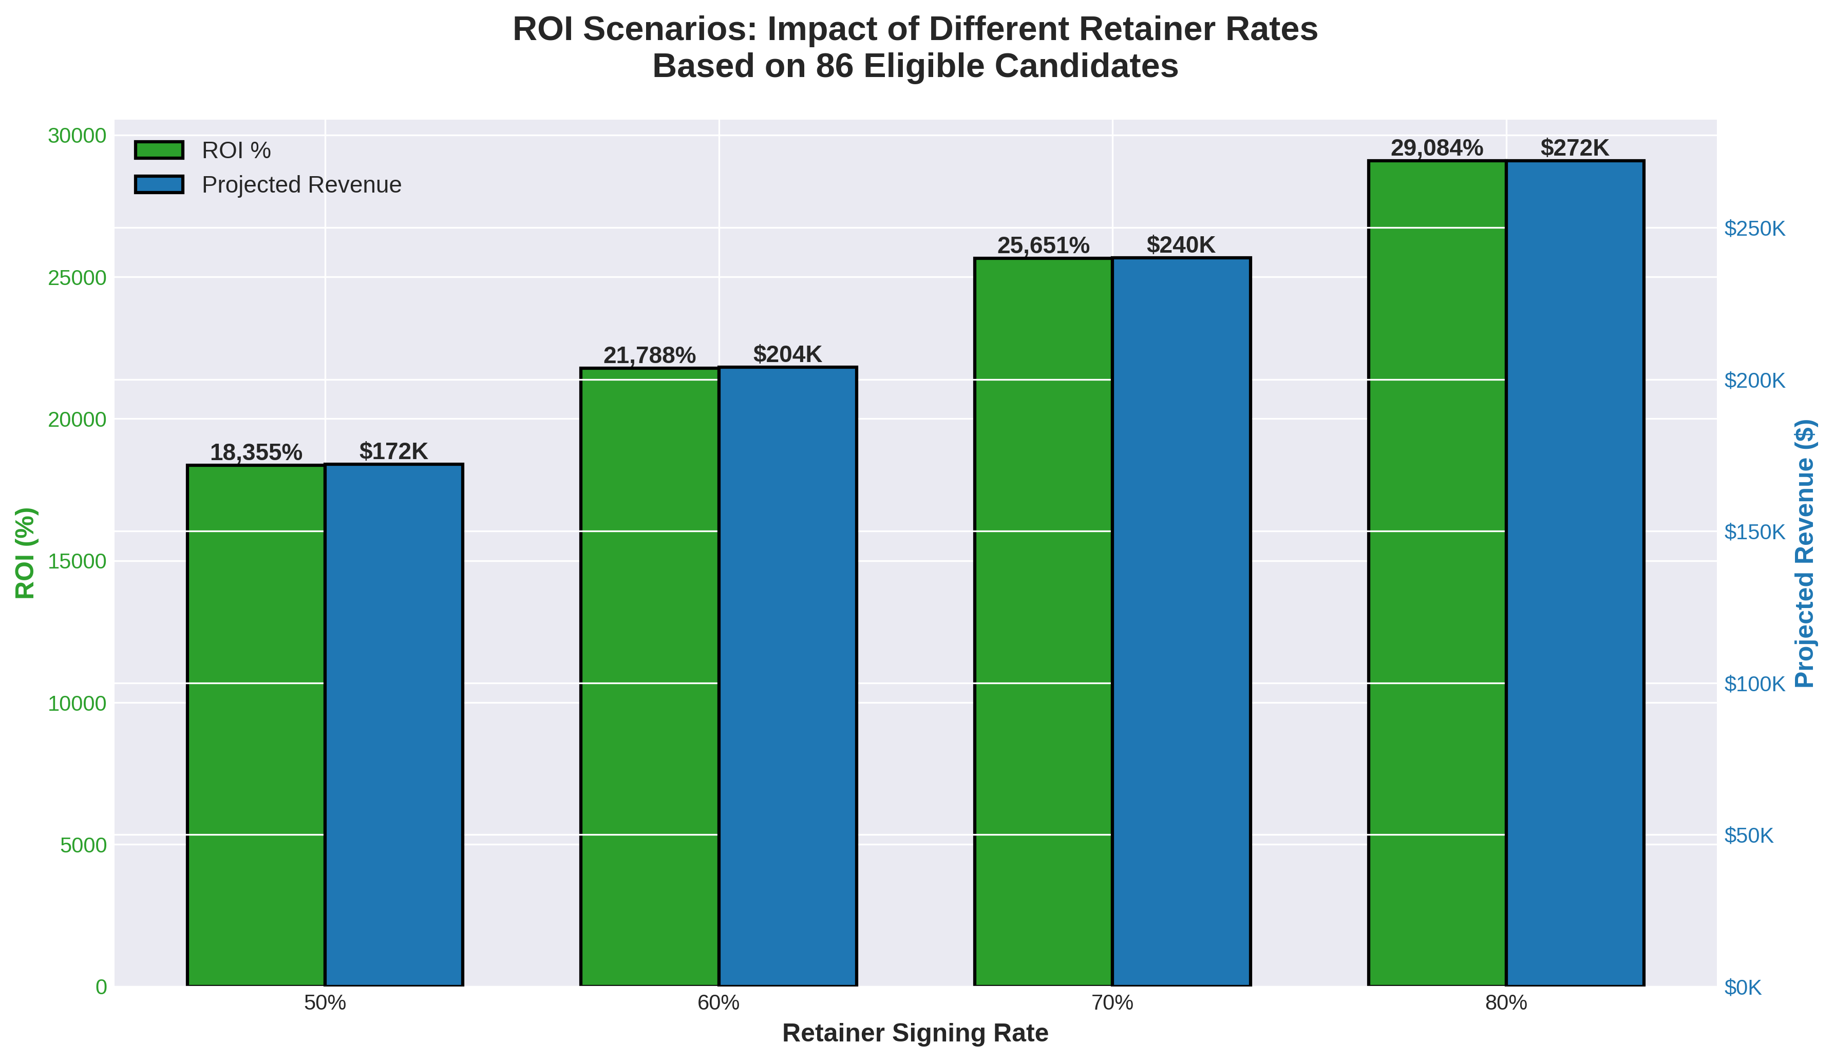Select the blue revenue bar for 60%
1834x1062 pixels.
point(787,676)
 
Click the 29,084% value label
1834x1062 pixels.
point(1436,148)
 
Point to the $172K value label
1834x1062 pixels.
point(394,451)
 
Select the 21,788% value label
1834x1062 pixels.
point(649,355)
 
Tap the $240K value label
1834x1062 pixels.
point(1180,245)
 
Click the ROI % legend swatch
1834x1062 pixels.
point(159,150)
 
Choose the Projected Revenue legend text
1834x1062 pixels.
point(301,185)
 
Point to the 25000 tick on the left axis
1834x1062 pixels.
point(77,278)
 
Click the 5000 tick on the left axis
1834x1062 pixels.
point(84,845)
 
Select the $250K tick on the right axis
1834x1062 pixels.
point(1754,229)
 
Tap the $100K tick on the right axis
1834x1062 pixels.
point(1754,684)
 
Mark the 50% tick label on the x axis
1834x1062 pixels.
point(325,1003)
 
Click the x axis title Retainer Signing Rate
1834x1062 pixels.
point(915,1034)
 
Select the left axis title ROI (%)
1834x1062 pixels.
point(26,553)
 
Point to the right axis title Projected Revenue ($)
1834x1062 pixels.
point(1804,553)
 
